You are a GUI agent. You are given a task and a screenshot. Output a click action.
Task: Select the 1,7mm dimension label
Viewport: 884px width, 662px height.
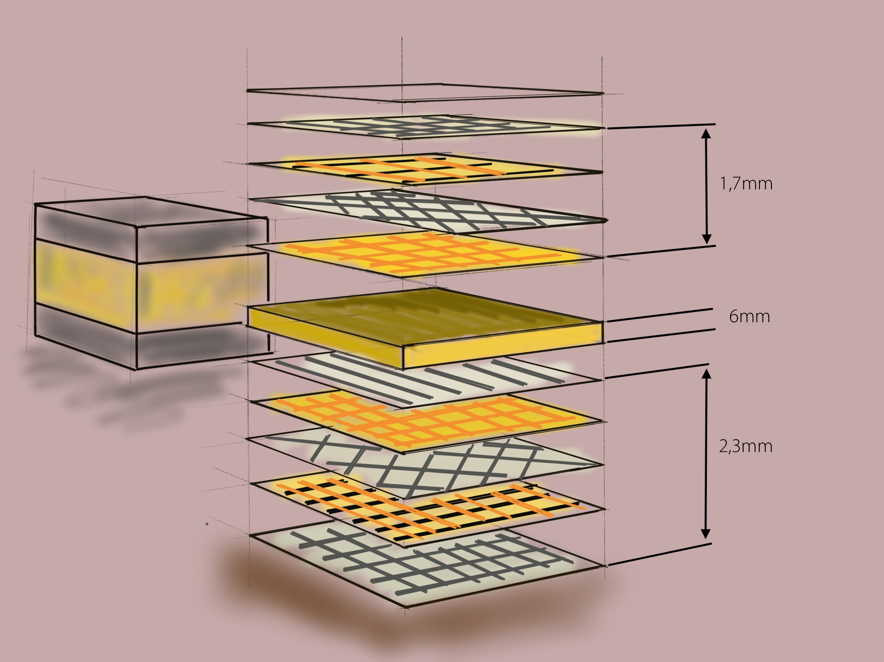[746, 184]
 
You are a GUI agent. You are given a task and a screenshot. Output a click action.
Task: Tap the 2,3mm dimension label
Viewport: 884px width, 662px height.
[746, 446]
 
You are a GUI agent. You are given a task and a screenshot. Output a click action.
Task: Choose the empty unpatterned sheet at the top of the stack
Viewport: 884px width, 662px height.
[425, 93]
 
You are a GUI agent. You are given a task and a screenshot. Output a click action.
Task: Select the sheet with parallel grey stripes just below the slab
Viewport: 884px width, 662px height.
[425, 379]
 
